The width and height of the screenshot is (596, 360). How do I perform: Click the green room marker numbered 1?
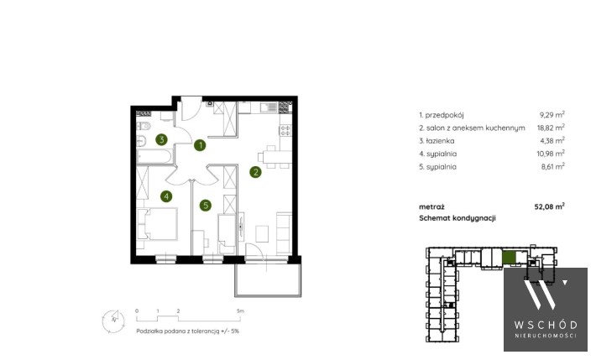(x=200, y=145)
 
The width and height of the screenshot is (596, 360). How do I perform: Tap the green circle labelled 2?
(x=255, y=172)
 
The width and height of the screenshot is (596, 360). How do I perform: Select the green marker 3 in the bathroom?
(x=161, y=139)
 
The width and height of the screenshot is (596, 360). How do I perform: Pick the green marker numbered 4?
(x=166, y=196)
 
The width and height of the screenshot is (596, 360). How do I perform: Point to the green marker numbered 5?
(x=206, y=206)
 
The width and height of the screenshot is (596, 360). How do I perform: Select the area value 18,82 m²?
(x=551, y=128)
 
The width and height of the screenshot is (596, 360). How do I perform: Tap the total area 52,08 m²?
(x=549, y=206)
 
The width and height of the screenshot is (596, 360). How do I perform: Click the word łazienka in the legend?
(x=440, y=141)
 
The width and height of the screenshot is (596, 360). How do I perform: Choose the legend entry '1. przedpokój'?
(x=442, y=115)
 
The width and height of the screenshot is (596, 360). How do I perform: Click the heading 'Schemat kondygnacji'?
(x=457, y=218)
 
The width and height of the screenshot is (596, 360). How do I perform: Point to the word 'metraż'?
(x=431, y=206)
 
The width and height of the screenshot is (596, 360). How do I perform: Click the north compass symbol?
(x=113, y=321)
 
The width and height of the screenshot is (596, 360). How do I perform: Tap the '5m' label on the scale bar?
(x=240, y=310)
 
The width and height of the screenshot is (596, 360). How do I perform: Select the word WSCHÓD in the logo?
(x=546, y=325)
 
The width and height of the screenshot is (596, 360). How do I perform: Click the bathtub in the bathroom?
(x=154, y=157)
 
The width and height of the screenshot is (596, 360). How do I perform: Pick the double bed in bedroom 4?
(x=157, y=224)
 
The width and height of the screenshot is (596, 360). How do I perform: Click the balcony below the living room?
(x=268, y=279)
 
